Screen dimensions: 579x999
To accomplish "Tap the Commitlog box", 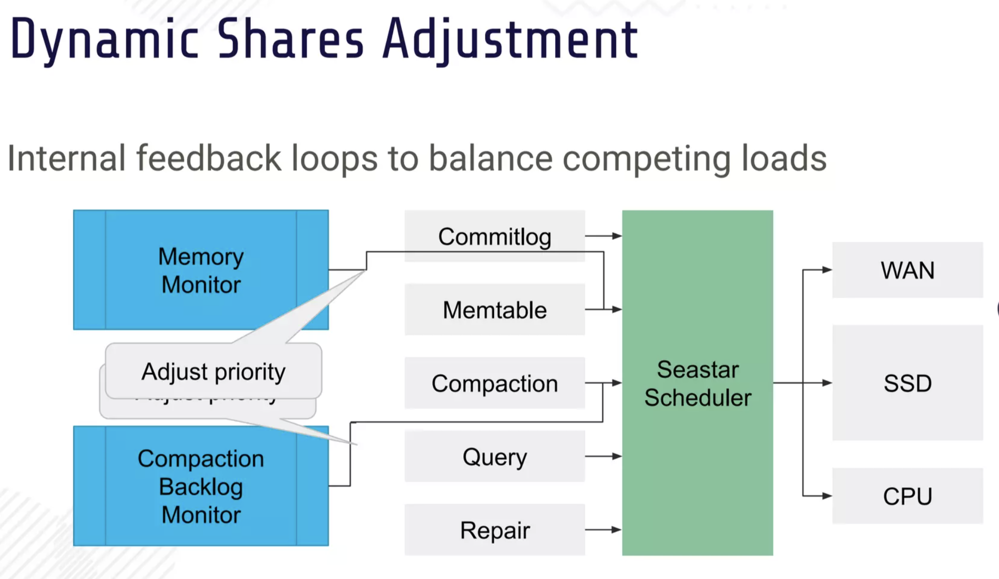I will point(494,236).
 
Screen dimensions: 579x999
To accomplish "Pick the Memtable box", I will point(494,310).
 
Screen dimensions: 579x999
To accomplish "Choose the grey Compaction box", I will point(494,383).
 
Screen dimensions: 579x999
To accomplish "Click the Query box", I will point(494,457).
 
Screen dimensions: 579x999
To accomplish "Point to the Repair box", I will point(494,530).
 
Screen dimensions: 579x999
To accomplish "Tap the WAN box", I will point(907,270).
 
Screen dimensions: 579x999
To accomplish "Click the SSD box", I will point(907,383).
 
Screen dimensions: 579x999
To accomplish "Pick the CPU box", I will point(907,496).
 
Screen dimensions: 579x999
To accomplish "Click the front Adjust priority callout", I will point(213,371).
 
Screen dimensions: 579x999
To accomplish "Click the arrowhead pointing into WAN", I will point(826,270).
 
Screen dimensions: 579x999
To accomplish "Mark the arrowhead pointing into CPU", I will point(826,496).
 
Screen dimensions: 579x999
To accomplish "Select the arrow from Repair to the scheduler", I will point(603,530).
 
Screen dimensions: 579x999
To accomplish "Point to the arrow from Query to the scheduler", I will point(603,457).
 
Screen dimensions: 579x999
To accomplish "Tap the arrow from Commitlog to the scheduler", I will point(603,236).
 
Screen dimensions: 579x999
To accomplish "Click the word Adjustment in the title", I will point(510,39).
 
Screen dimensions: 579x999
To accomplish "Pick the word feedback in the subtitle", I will point(209,159).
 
